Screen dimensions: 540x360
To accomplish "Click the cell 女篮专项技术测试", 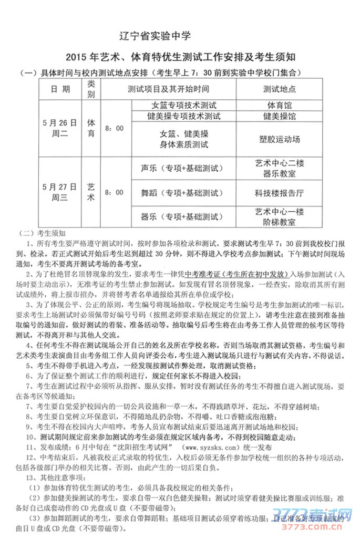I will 183,106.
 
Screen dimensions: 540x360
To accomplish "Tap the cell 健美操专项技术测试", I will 183,116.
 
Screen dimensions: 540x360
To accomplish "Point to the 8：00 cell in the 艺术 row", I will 114,192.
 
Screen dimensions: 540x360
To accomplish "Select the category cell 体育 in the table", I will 91,128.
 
